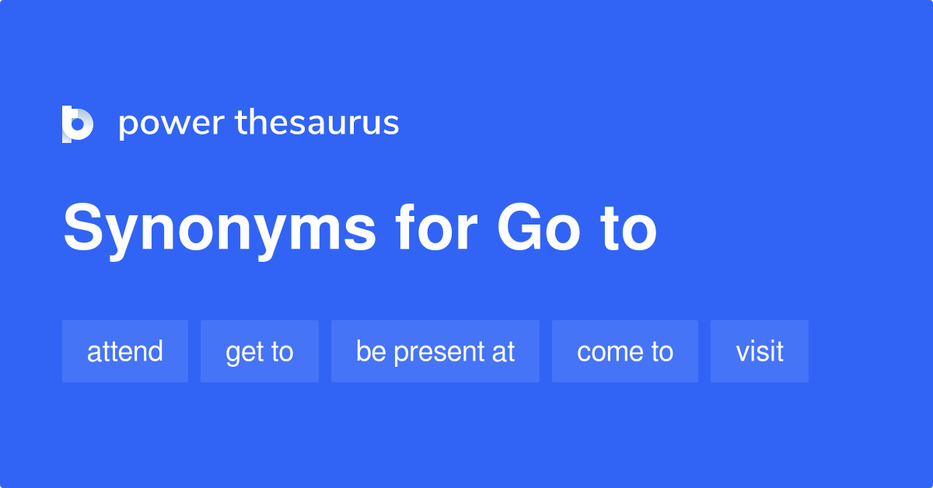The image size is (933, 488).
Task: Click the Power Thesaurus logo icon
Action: click(x=78, y=124)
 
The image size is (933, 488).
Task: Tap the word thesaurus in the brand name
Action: click(x=317, y=123)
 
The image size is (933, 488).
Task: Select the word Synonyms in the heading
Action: click(x=219, y=229)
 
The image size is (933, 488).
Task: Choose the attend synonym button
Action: click(x=125, y=351)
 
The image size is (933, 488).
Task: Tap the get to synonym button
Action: click(x=260, y=351)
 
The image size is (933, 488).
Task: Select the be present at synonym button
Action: click(x=435, y=351)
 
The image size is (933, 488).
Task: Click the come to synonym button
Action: click(x=625, y=351)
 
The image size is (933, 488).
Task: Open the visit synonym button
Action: click(x=760, y=351)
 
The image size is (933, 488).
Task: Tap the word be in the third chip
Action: click(x=371, y=351)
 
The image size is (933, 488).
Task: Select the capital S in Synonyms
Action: click(x=82, y=228)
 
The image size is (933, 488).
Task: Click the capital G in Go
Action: click(x=517, y=228)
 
